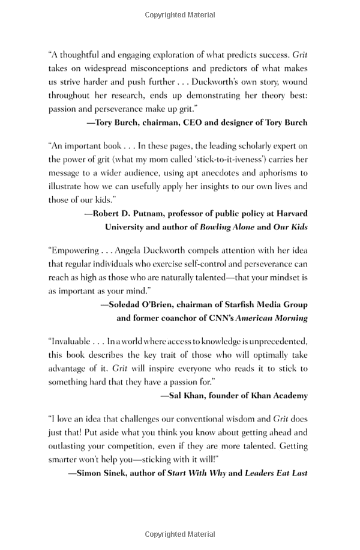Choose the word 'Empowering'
pyautogui.click(x=73, y=250)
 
